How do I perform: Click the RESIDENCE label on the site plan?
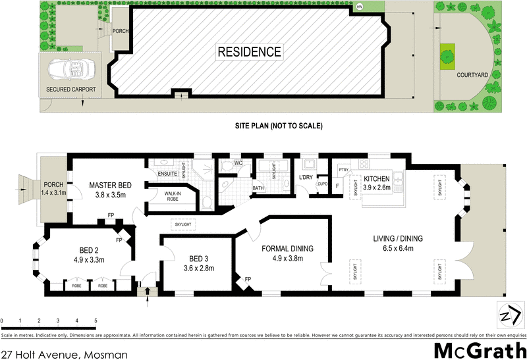250,51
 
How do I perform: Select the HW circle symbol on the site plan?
359,7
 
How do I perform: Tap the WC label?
239,163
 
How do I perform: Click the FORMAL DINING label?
287,248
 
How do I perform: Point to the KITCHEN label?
377,178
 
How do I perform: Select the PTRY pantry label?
343,169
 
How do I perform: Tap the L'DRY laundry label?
306,178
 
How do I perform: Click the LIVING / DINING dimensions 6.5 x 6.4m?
397,248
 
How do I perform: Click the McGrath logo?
480,350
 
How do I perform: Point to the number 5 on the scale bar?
96,321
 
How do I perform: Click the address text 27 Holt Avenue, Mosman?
64,353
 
